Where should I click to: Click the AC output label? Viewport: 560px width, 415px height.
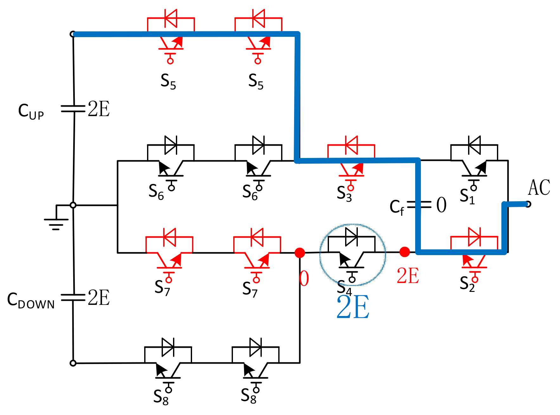(539, 188)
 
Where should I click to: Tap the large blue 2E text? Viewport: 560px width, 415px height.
(353, 307)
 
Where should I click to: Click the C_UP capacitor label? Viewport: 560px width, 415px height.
(31, 111)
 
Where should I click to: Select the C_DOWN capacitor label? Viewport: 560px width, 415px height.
(31, 300)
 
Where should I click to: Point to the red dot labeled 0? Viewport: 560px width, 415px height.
(299, 253)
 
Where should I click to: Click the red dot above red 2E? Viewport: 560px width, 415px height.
(404, 252)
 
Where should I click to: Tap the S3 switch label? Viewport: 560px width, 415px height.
(344, 193)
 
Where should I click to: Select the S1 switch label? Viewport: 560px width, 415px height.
(467, 196)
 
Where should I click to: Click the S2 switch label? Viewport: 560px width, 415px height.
(467, 283)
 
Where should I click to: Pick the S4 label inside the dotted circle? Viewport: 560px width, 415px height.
(344, 287)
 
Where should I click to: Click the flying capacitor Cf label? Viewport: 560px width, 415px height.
(397, 207)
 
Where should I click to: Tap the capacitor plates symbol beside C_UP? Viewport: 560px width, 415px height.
(73, 109)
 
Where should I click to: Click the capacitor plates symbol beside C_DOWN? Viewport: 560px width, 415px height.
(73, 297)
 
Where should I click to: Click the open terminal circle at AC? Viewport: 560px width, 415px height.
(528, 204)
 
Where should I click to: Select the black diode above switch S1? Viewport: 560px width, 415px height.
(474, 145)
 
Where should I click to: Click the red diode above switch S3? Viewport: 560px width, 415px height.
(351, 145)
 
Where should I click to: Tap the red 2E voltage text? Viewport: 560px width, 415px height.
(408, 275)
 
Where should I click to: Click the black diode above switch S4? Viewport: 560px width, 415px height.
(351, 237)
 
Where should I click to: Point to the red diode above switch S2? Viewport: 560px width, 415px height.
(474, 237)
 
